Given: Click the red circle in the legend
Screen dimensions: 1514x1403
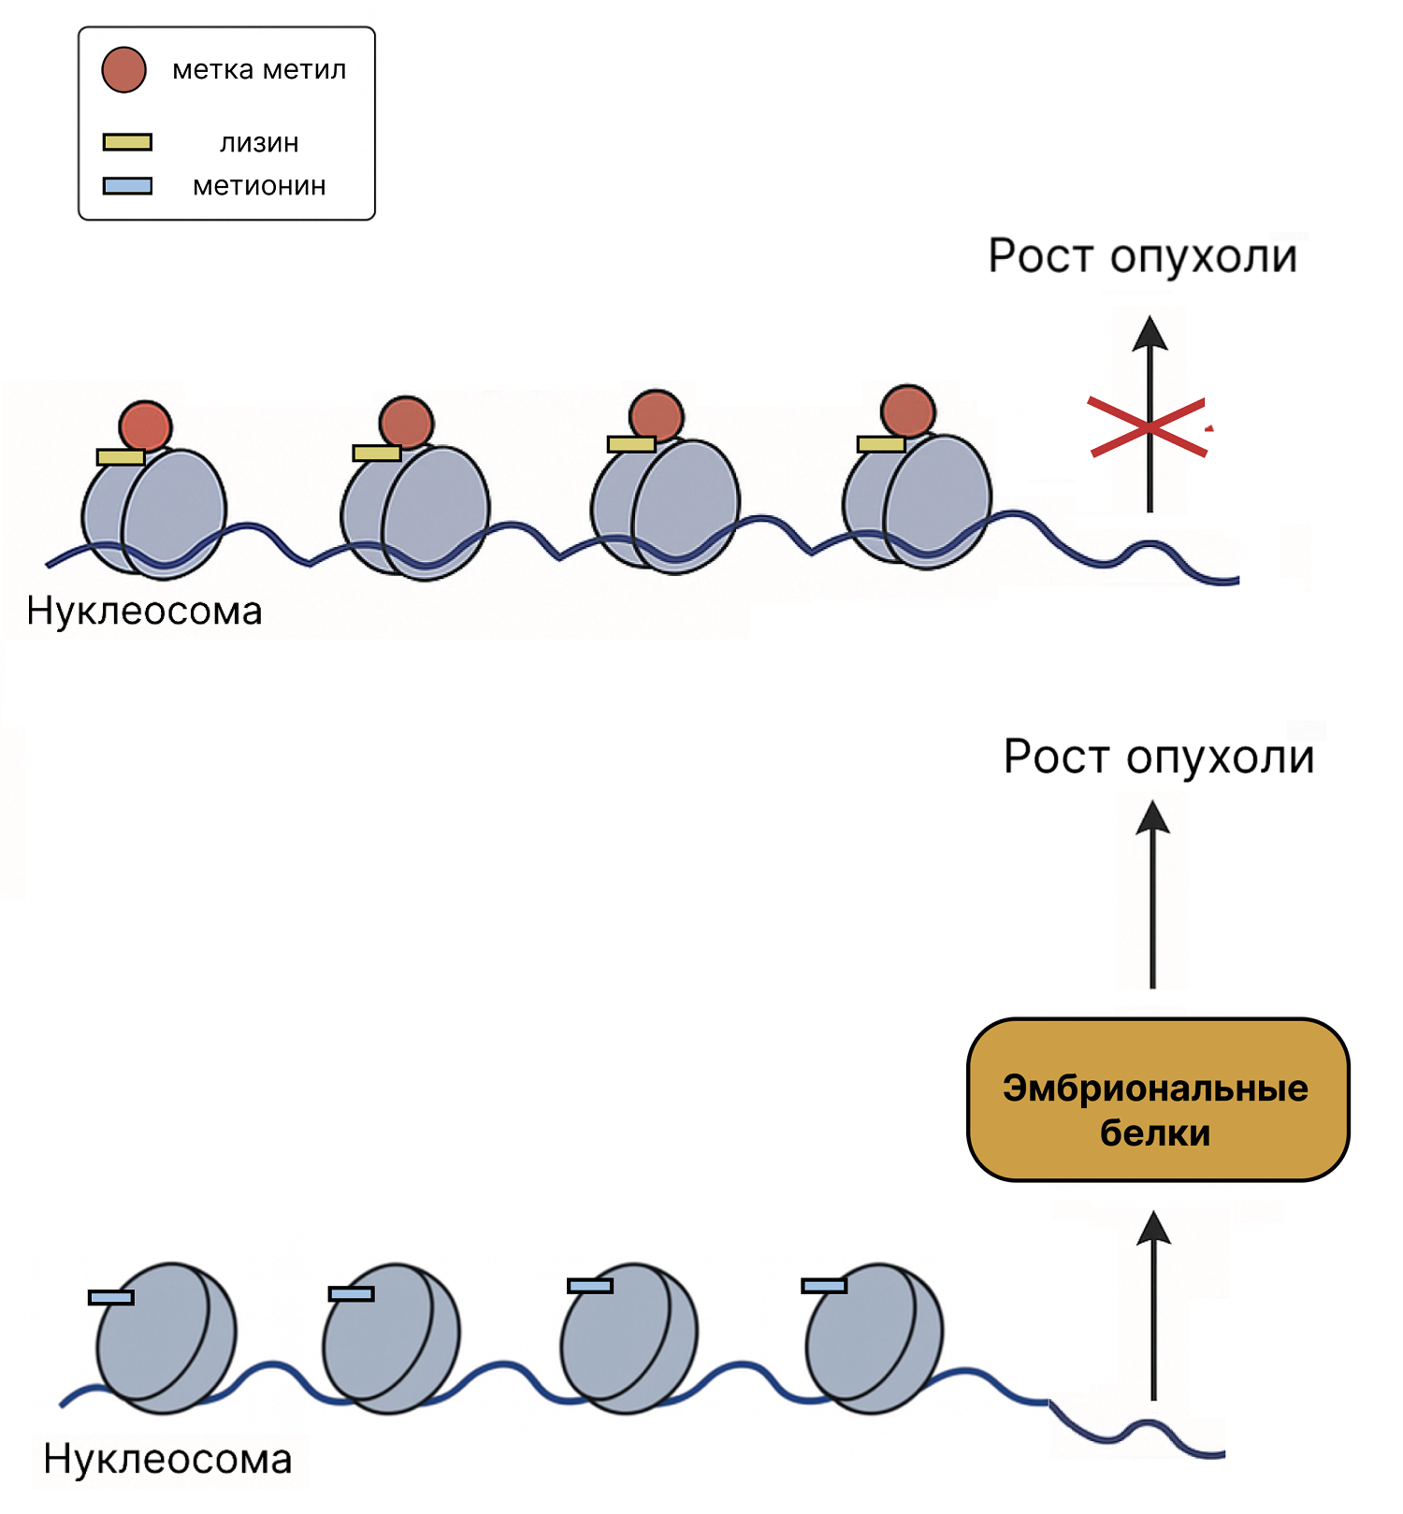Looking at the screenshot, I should coord(123,70).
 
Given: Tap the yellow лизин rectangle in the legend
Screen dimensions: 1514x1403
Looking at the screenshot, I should coord(127,142).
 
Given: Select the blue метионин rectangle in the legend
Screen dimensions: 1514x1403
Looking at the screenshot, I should coord(127,186).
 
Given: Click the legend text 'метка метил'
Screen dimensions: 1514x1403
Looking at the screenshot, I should coord(259,70).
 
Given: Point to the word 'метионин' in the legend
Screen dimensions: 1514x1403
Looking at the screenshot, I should coord(259,186).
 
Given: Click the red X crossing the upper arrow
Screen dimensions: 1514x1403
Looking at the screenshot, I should coord(1149,427).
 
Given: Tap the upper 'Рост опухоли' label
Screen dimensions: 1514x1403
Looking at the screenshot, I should coord(1142,256).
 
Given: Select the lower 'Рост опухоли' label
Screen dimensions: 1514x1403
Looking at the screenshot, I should coord(1158,757).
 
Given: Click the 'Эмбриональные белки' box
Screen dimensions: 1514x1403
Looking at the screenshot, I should coord(1157,1100).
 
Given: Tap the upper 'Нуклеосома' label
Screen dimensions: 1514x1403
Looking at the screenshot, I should coord(144,612).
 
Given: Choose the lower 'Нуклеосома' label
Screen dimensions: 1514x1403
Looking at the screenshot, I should coord(167,1460).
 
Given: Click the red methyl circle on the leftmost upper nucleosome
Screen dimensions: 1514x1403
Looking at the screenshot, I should coord(145,426).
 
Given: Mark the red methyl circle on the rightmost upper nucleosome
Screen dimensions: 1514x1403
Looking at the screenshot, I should coord(907,411).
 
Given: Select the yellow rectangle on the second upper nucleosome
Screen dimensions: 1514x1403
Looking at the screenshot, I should coord(376,454).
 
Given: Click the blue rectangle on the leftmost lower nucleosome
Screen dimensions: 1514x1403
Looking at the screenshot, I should coord(111,1297).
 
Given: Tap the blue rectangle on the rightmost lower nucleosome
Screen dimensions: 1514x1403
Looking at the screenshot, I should coord(824,1286).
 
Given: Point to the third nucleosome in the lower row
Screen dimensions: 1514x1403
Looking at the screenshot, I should coord(629,1332).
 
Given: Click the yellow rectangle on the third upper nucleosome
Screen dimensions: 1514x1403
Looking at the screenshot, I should coord(631,444).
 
